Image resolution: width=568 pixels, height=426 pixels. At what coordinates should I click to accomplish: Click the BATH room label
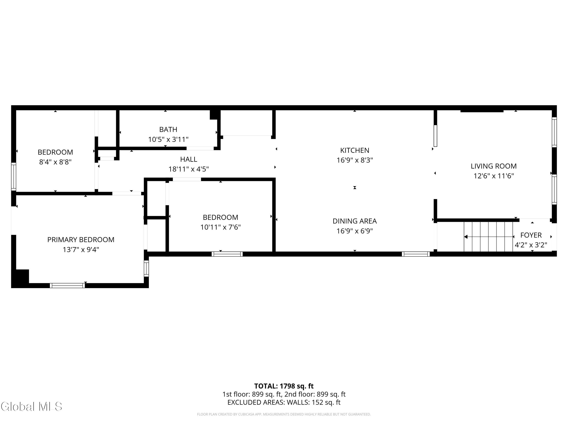click(x=168, y=130)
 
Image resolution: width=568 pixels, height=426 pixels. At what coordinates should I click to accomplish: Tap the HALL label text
click(x=189, y=159)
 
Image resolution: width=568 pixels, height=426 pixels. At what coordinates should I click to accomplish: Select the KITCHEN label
click(x=355, y=151)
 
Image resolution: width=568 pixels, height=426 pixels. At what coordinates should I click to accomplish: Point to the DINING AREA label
click(x=355, y=221)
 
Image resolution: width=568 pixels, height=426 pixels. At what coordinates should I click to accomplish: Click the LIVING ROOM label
click(x=494, y=166)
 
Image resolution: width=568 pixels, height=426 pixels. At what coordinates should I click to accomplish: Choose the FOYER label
click(x=531, y=235)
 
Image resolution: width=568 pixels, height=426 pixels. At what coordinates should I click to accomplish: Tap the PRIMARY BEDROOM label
click(x=81, y=240)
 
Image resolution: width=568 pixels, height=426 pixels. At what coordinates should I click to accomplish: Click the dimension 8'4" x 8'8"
click(x=55, y=162)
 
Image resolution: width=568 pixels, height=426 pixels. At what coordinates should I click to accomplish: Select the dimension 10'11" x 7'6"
click(x=221, y=227)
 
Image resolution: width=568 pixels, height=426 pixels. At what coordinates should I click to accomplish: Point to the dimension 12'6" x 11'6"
click(x=494, y=176)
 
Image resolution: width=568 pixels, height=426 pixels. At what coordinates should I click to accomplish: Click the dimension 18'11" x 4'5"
click(x=189, y=169)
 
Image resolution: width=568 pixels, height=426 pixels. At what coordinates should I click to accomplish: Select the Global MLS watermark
click(x=31, y=406)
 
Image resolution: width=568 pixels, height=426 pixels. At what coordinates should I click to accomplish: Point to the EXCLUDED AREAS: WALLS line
click(x=284, y=402)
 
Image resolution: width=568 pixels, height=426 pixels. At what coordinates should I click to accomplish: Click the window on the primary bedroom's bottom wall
click(x=67, y=286)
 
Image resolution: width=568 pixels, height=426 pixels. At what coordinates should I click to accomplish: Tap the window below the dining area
click(x=416, y=254)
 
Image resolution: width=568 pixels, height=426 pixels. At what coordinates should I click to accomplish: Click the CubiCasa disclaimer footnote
click(x=284, y=414)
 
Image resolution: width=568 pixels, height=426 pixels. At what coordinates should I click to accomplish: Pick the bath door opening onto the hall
click(x=200, y=148)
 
